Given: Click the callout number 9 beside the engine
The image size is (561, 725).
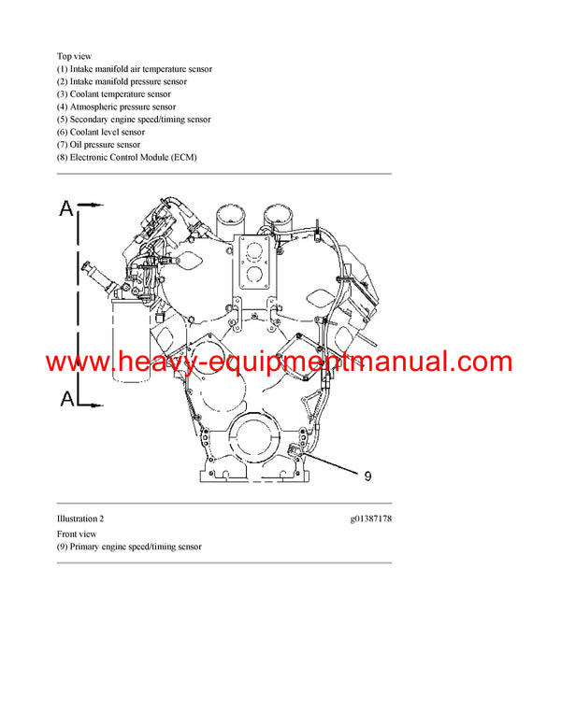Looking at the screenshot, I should point(367,476).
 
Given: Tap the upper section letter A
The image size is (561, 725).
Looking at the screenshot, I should point(66,208).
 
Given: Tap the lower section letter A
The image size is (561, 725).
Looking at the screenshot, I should point(66,399).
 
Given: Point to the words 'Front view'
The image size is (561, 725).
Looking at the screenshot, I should point(77,533).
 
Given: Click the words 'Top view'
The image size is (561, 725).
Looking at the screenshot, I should point(74,56).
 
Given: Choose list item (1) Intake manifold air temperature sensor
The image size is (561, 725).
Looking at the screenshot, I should point(134,69).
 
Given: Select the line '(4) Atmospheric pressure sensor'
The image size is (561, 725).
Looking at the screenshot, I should point(116,107).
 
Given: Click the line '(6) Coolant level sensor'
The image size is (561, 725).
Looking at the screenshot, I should point(101,132).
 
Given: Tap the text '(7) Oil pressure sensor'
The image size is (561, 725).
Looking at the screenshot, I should point(99,145).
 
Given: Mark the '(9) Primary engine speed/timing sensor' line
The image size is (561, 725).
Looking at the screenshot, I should point(129,547).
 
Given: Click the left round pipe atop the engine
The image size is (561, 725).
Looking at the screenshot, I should point(229,220).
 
